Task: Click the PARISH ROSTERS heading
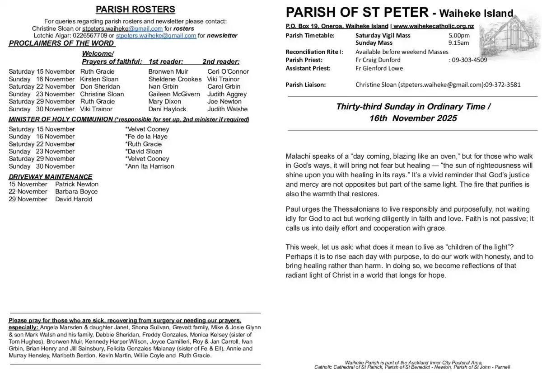(135, 9)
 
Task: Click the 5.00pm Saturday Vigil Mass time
(459, 35)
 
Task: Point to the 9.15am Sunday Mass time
(458, 43)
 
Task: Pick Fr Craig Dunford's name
(378, 60)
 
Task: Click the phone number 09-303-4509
(470, 60)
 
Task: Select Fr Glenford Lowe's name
(379, 68)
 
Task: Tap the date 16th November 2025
(413, 119)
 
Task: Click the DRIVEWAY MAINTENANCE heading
(51, 177)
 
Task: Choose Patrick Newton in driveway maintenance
(77, 184)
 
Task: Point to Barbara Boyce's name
(76, 192)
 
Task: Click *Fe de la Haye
(146, 137)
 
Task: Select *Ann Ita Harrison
(150, 166)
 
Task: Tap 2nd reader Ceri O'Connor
(228, 71)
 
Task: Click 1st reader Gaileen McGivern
(174, 94)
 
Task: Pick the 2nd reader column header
(221, 62)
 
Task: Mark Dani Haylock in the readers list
(167, 109)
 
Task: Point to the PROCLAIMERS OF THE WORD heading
(62, 43)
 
